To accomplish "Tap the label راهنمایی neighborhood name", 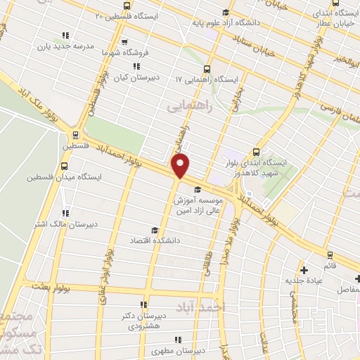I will [189, 107].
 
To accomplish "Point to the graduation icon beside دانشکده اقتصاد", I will [155, 230].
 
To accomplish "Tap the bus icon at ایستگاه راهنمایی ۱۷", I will [207, 69].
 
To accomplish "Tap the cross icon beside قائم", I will [304, 269].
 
